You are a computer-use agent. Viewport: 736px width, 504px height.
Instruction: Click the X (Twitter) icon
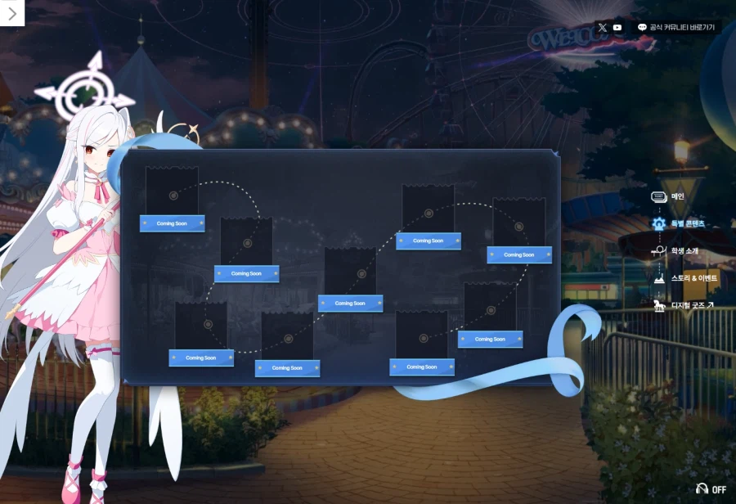point(603,27)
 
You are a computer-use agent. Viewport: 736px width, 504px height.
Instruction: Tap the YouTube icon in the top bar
point(617,27)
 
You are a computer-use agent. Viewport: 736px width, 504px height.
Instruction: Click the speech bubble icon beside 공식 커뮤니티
point(642,27)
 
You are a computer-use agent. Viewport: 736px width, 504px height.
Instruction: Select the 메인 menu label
point(677,196)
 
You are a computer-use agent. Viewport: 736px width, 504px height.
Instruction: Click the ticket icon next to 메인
point(658,196)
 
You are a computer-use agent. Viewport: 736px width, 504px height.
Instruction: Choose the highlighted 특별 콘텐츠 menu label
point(688,223)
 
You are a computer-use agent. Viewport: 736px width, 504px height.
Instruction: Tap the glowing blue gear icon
point(658,223)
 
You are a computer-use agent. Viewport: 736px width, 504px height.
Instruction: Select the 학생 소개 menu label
point(684,250)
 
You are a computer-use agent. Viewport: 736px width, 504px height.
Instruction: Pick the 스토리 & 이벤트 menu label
point(693,278)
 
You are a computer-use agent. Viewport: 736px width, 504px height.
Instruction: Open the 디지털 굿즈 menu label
point(692,305)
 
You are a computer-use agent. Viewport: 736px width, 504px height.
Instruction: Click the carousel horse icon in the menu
point(658,305)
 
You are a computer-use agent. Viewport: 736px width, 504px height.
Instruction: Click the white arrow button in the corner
point(12,13)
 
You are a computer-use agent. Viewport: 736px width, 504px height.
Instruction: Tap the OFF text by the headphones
point(719,489)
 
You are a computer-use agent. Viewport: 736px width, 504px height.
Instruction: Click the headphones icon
point(701,488)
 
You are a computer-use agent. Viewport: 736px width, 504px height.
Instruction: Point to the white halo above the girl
point(84,88)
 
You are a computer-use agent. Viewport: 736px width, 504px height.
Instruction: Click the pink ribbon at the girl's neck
point(102,191)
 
